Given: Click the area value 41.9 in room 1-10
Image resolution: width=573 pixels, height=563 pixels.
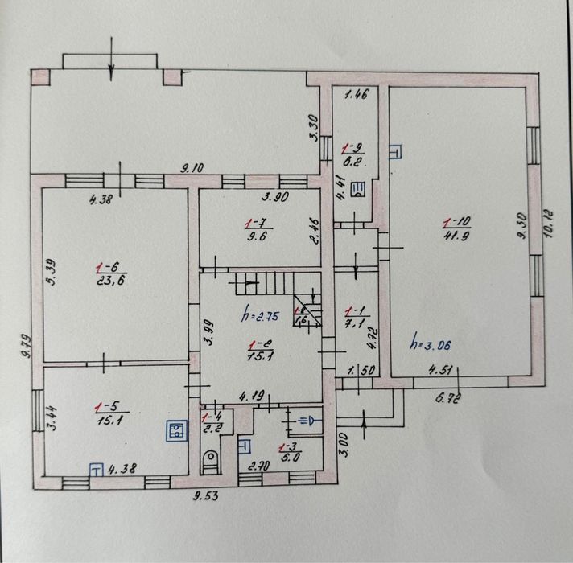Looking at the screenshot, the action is (451, 235).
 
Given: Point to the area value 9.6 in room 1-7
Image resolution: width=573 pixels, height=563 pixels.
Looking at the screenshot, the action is (255, 236).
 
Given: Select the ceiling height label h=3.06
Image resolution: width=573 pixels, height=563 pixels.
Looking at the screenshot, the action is (431, 344).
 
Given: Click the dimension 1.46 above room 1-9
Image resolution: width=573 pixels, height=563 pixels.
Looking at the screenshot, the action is (355, 96).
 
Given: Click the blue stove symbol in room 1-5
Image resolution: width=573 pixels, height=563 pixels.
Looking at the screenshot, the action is (173, 431).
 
